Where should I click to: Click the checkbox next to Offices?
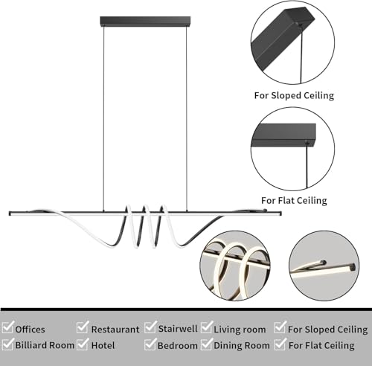7,327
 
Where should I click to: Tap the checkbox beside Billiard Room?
7,344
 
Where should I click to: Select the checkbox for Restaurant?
83,327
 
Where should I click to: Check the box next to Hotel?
83,344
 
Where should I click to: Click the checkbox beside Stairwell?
150,327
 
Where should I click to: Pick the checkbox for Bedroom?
150,344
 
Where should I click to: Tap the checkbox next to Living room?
207,327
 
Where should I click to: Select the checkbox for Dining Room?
207,344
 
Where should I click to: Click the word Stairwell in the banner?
178,329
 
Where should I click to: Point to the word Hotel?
103,345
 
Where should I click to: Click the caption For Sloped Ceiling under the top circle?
294,96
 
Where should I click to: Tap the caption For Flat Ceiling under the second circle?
294,200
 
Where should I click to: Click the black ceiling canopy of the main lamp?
145,22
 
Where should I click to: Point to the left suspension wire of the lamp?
103,118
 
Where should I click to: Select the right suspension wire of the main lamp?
187,118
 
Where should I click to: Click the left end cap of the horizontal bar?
10,213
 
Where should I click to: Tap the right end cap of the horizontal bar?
280,213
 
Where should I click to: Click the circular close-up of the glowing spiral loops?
235,266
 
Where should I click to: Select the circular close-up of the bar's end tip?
324,266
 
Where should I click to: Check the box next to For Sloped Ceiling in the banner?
280,327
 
